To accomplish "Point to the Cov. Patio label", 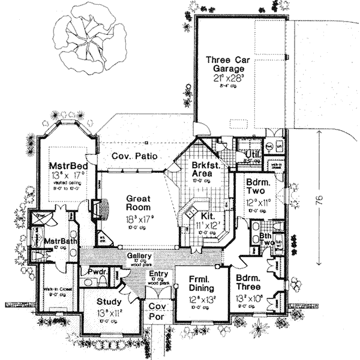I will (135, 156).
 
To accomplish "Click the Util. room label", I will (251, 154).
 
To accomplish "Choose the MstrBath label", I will (58, 241).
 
